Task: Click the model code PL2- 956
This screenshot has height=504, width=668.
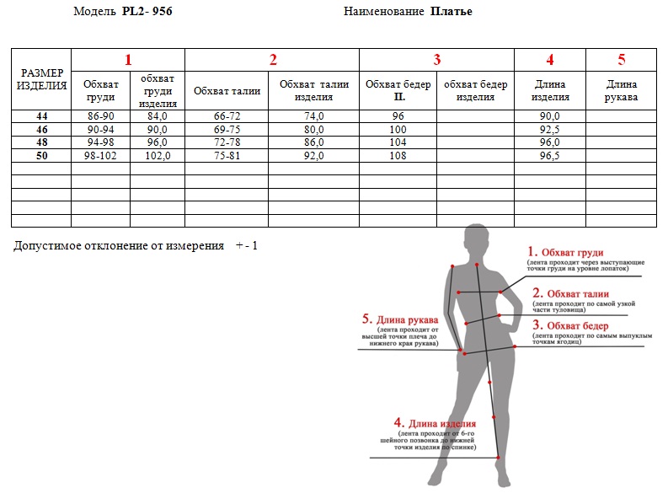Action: pyautogui.click(x=147, y=11)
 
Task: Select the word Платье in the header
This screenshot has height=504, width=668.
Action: pyautogui.click(x=452, y=12)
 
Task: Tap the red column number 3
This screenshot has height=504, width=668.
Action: pyautogui.click(x=436, y=60)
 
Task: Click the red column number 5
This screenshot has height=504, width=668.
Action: pyautogui.click(x=622, y=60)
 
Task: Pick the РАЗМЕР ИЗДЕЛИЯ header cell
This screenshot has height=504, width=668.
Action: pyautogui.click(x=41, y=79)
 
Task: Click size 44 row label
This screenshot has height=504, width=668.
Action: pyautogui.click(x=42, y=116)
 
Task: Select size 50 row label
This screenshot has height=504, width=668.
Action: pyautogui.click(x=42, y=156)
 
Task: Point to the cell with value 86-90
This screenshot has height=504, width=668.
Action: pyautogui.click(x=100, y=116)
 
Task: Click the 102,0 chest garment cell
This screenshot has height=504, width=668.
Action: pyautogui.click(x=158, y=156)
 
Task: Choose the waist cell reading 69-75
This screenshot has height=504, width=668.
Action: pyautogui.click(x=227, y=129)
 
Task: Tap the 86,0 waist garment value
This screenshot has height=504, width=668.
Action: pyautogui.click(x=314, y=142)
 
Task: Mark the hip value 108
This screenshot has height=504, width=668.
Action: pyautogui.click(x=398, y=156)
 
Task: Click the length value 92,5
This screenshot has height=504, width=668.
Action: pyautogui.click(x=550, y=129)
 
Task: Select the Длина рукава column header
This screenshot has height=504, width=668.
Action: pyautogui.click(x=621, y=91)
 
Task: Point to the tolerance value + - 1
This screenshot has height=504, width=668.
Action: pyautogui.click(x=247, y=245)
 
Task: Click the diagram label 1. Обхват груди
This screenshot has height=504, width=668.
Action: pyautogui.click(x=565, y=252)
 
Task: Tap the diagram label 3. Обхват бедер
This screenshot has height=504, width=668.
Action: pyautogui.click(x=570, y=326)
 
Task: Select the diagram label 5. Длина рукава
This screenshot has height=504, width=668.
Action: pyautogui.click(x=400, y=319)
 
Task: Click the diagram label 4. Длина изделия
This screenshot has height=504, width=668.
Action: pyautogui.click(x=435, y=423)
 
